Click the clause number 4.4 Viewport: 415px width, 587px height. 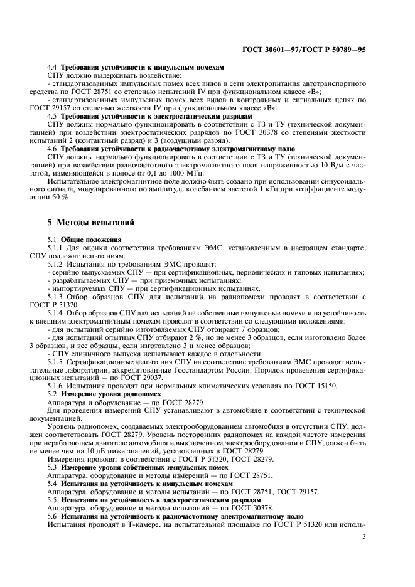(53, 67)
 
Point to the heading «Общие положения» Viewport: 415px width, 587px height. (89, 240)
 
